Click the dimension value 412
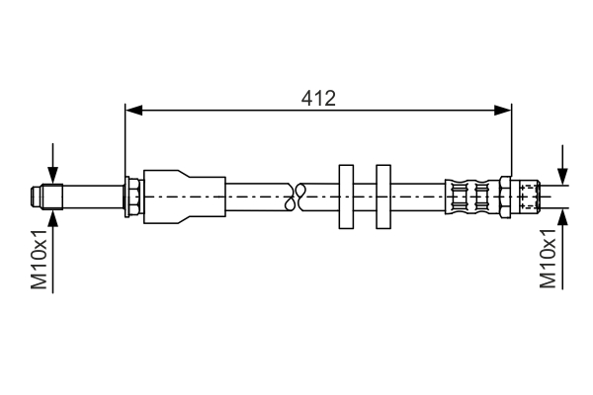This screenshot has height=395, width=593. point(318,98)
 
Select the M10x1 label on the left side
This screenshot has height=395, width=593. point(40,260)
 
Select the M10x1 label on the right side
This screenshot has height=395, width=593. point(549,260)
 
